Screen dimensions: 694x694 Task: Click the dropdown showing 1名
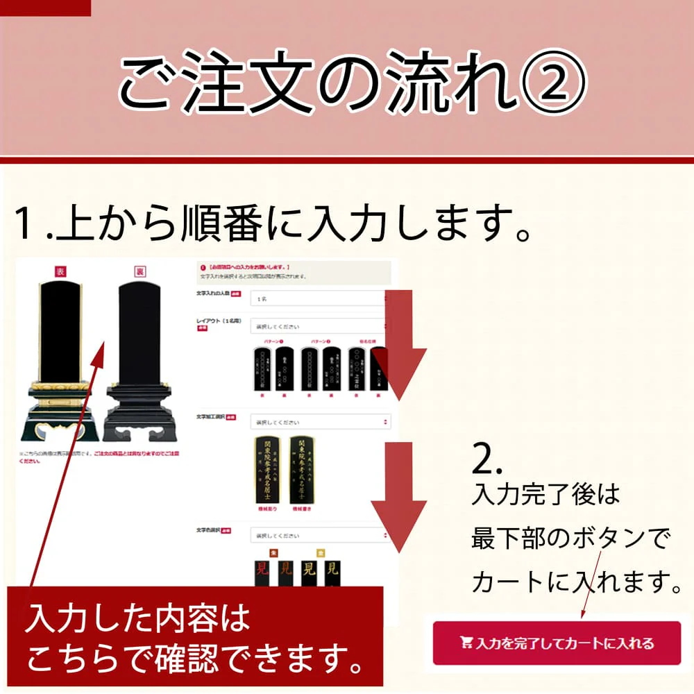318,298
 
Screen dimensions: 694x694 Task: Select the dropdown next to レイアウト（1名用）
318,326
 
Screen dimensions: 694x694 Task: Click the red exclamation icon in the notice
202,267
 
